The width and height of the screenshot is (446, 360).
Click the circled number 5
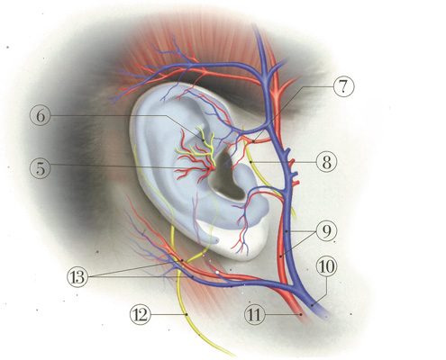41,168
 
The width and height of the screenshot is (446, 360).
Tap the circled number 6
41,116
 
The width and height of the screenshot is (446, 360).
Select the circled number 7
343,86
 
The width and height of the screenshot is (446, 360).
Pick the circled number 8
326,162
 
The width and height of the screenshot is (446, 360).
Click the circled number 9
326,231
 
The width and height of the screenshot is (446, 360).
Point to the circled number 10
327,266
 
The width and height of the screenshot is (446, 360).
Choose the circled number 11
255,315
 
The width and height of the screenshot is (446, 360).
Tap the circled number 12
141,315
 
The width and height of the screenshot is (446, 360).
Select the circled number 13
77,276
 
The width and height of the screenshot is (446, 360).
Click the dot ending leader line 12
187,314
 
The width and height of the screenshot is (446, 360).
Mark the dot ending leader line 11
301,314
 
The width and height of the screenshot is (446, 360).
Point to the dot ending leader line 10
312,305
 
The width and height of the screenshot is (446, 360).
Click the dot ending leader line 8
250,162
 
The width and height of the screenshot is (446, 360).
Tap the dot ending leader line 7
253,140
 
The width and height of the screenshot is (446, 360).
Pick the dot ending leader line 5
208,169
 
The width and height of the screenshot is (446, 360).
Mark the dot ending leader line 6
204,139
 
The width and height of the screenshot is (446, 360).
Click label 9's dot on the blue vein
287,231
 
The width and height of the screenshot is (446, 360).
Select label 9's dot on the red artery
280,256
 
